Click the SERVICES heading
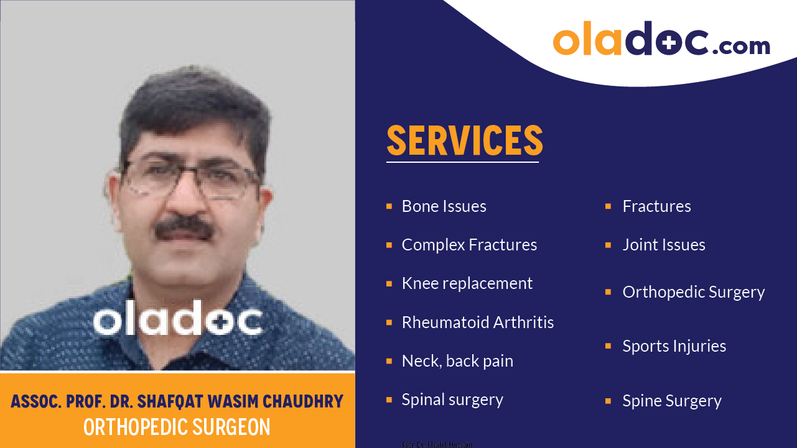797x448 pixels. pyautogui.click(x=465, y=140)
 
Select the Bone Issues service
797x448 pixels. pyautogui.click(x=444, y=206)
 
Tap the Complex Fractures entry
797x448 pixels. pyautogui.click(x=469, y=245)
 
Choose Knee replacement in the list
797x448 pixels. pyautogui.click(x=467, y=283)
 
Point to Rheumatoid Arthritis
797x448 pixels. pyautogui.click(x=477, y=322)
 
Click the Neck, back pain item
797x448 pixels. pyautogui.click(x=457, y=361)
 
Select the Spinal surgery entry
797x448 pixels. pyautogui.click(x=452, y=400)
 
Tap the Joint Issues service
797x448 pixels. pyautogui.click(x=663, y=245)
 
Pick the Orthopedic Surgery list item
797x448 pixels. pyautogui.click(x=693, y=292)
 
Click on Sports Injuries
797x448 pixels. pyautogui.click(x=674, y=346)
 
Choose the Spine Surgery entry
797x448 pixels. pyautogui.click(x=672, y=401)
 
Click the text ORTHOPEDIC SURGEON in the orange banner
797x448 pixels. pyautogui.click(x=177, y=427)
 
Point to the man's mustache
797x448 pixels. pyautogui.click(x=184, y=227)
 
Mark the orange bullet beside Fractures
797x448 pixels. pyautogui.click(x=608, y=206)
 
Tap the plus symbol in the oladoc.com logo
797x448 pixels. pyautogui.click(x=669, y=42)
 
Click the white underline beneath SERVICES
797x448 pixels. pyautogui.click(x=462, y=162)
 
